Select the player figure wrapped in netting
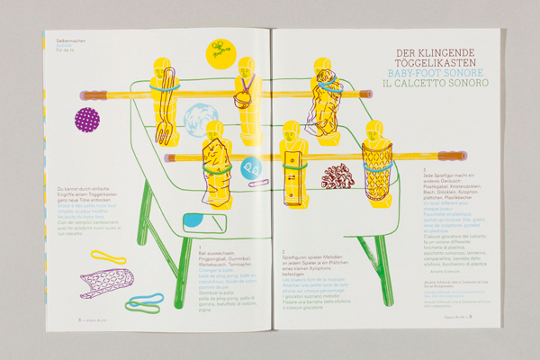(x=376, y=171)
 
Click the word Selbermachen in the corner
(x=70, y=43)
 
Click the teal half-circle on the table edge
(x=193, y=220)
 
